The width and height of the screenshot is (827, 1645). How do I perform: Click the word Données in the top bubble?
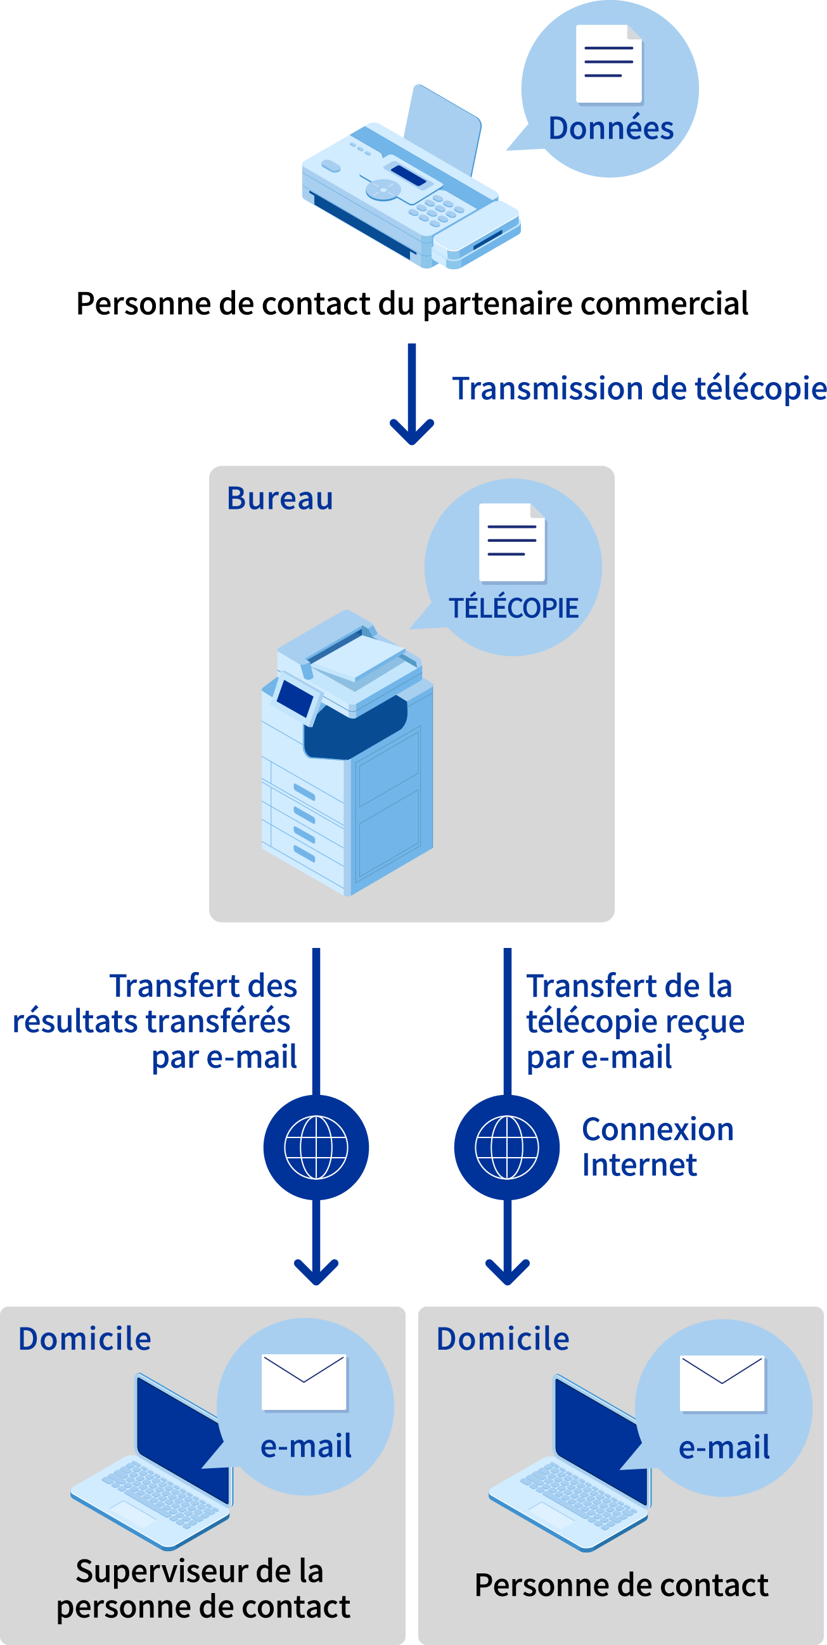coord(610,129)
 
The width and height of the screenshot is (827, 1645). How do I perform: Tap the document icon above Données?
coord(608,64)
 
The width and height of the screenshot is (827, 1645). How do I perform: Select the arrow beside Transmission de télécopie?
coord(412,396)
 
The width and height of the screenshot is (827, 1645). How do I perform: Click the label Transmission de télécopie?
coord(639,388)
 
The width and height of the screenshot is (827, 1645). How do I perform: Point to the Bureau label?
coord(279,498)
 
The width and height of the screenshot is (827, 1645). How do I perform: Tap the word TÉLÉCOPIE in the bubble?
coord(513,608)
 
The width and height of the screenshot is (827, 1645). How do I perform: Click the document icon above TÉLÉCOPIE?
coord(512,543)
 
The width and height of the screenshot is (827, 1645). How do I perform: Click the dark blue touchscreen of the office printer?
coord(295,697)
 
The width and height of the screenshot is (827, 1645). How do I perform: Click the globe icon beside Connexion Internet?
coord(507,1147)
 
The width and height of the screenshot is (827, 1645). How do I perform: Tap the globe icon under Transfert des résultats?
coord(316,1147)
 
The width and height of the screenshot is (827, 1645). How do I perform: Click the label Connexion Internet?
coord(657,1147)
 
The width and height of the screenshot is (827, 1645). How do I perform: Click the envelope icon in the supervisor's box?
coord(304,1382)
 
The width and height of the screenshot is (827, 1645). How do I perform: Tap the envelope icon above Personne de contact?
coord(722,1383)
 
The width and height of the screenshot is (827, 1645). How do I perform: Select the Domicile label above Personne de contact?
coord(503,1338)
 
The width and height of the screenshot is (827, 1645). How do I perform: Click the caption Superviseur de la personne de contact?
coord(202,1589)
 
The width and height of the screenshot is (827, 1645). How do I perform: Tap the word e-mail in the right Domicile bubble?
coord(724,1447)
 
